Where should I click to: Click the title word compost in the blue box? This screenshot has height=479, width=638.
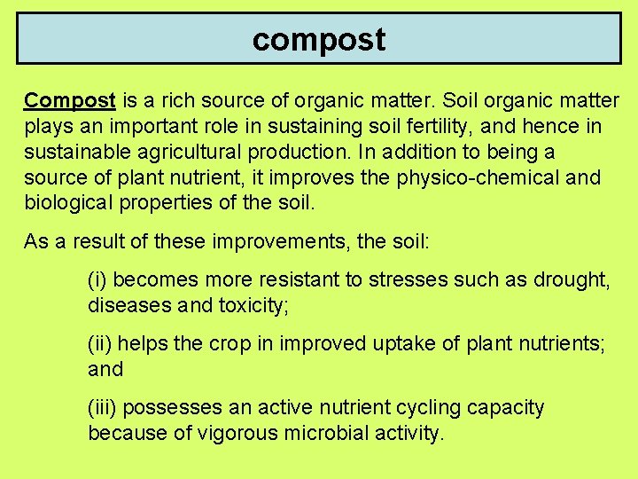point(319,40)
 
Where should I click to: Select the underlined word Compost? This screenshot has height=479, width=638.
point(70,100)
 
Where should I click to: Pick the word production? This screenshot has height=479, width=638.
point(300,152)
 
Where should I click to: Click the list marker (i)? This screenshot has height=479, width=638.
point(97,280)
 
